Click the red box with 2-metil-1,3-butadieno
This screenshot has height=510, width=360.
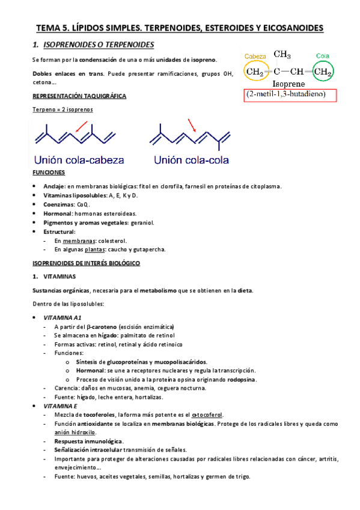[x=290, y=94]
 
